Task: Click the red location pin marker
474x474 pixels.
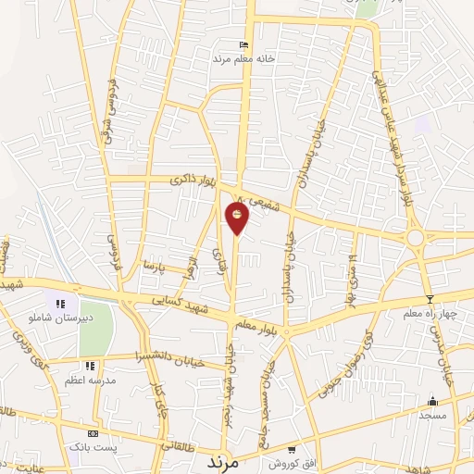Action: pos(237,218)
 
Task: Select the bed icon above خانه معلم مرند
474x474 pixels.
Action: pos(243,44)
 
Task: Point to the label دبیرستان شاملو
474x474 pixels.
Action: pos(38,318)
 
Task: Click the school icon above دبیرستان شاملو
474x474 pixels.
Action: pos(60,303)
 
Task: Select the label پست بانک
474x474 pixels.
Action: pos(93,448)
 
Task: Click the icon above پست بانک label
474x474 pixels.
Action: pos(93,433)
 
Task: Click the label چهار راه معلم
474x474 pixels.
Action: pos(429,315)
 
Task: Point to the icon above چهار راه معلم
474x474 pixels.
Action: pos(430,299)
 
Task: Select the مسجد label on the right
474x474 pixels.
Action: pos(431,416)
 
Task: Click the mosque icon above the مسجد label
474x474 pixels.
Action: pos(431,401)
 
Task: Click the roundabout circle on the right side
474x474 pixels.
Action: pos(415,237)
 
